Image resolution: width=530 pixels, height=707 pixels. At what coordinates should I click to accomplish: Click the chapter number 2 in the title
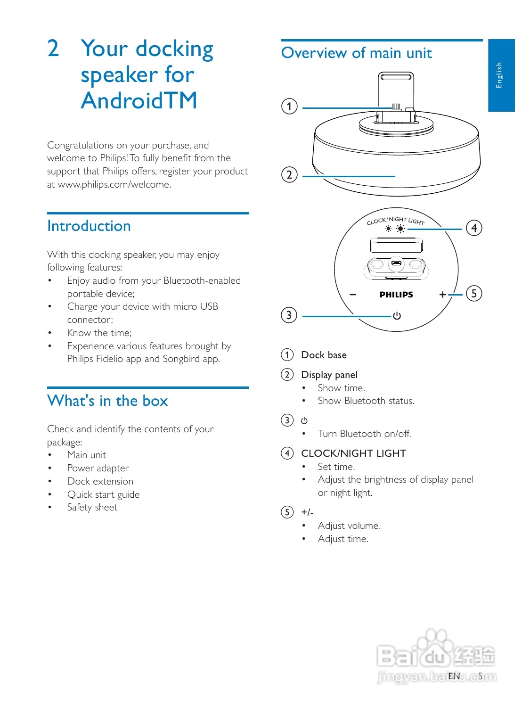(53, 49)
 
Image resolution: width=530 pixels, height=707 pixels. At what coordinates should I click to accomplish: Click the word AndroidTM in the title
(139, 100)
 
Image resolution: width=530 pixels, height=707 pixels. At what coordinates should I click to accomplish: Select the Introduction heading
(89, 226)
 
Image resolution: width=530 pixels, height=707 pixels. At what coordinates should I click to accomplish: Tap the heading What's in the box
(107, 401)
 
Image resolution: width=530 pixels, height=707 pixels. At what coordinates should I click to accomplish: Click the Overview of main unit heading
(356, 53)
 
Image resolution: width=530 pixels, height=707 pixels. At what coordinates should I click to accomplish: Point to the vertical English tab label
(499, 75)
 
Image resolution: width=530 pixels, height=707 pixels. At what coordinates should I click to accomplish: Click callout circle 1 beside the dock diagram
(289, 106)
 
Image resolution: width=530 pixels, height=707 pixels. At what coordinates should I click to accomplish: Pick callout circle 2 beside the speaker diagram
(289, 175)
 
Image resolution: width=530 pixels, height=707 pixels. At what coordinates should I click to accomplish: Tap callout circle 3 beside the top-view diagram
(289, 315)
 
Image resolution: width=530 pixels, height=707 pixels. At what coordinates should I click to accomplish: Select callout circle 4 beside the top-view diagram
(474, 228)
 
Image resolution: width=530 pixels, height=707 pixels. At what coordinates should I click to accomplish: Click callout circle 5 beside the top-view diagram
(474, 294)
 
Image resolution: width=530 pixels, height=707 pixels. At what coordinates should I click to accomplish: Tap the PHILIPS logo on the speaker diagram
(396, 295)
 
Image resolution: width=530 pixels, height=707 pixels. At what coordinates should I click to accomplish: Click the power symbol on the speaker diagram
(397, 316)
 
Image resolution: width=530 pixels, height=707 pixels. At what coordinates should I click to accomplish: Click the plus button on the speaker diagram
(442, 295)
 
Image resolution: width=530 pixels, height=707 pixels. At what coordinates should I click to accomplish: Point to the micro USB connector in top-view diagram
(396, 263)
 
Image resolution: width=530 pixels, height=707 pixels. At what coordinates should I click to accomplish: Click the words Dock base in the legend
(324, 355)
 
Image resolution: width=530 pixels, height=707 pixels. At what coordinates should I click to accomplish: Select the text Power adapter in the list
(98, 468)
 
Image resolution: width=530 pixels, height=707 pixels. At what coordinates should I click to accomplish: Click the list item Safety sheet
(92, 507)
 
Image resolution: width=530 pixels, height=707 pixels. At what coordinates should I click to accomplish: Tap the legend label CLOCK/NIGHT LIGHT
(353, 453)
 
